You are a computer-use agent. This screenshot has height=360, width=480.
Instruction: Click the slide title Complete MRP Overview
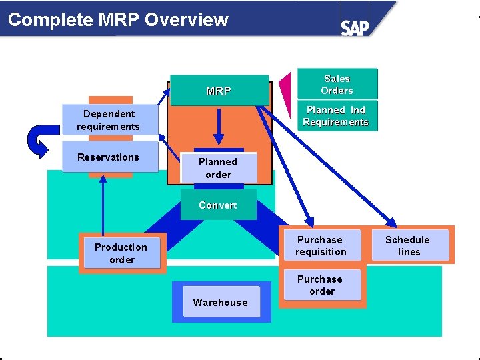tap(118, 19)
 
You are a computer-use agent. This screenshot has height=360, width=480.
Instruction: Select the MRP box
tap(219, 91)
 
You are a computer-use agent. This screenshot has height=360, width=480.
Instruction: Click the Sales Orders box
tap(337, 85)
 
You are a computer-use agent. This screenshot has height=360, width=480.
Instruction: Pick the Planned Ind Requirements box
tap(335, 116)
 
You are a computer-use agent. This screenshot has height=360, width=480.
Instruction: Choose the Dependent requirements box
tap(108, 121)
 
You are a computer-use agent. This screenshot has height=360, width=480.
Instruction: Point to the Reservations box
tap(109, 157)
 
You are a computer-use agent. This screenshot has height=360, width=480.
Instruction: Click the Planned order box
tap(218, 168)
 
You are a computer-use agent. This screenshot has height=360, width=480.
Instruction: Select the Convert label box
tap(218, 205)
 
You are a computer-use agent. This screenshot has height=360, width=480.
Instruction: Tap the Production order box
tap(121, 253)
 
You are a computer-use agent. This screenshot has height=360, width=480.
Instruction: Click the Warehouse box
tap(220, 303)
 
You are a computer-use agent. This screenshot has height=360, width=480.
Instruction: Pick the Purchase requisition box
tap(321, 246)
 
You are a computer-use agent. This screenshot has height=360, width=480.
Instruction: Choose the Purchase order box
tap(321, 285)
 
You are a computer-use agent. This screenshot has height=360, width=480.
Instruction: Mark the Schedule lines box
tap(408, 246)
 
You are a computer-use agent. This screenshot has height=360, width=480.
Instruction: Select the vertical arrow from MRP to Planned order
tap(218, 127)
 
